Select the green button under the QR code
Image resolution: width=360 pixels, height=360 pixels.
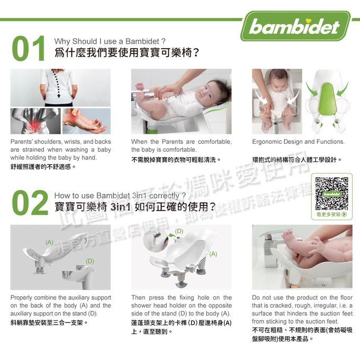(x=332, y=214)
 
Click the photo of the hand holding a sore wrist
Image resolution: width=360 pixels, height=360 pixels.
(x=86, y=121)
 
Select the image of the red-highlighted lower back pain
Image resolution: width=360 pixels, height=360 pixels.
(x=34, y=121)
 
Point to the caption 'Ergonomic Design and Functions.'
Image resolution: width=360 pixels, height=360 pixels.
(x=298, y=142)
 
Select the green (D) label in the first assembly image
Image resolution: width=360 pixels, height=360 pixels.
(x=91, y=261)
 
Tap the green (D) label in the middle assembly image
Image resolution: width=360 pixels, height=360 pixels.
(x=179, y=231)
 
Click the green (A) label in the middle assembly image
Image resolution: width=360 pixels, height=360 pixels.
(x=213, y=254)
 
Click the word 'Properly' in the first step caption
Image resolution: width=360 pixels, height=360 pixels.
(x=22, y=298)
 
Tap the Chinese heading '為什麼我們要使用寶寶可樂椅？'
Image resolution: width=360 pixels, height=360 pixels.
(x=127, y=53)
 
